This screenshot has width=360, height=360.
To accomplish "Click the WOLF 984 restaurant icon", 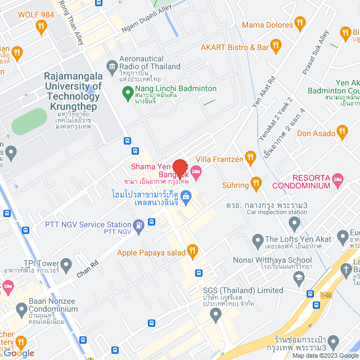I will (40, 26).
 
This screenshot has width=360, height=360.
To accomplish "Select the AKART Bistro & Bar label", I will (235, 47).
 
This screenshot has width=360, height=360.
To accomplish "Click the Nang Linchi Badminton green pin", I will (127, 90).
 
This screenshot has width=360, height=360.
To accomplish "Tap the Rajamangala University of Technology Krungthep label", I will (73, 91).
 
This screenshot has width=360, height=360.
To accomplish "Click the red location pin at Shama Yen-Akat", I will (179, 169).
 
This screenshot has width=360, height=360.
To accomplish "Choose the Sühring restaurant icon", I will (256, 183).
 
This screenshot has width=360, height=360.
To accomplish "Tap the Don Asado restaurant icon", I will (341, 133).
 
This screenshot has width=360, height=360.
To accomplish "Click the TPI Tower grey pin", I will (66, 263).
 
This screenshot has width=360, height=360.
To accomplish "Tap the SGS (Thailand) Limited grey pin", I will (215, 316).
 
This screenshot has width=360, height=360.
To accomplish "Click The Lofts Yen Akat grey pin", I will (258, 242).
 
